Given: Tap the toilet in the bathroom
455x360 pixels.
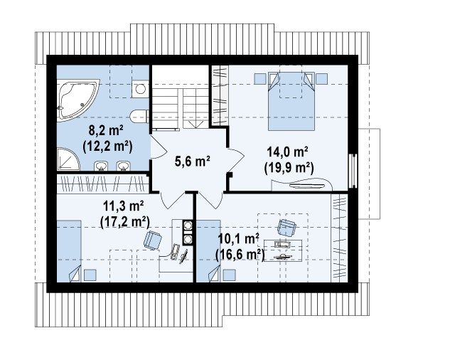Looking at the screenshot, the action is (x=139, y=117).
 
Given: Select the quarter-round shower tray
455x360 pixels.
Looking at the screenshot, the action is (x=68, y=159).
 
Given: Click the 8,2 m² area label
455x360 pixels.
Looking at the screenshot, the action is (x=106, y=131).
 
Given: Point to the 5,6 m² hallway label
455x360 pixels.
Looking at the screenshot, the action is (x=193, y=161).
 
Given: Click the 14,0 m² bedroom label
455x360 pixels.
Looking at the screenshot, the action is (x=287, y=152).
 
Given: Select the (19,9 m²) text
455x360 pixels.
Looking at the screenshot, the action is (x=289, y=167).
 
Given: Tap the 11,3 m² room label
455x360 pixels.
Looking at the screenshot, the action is (x=123, y=206).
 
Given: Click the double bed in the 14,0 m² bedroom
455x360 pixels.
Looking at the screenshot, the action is (x=291, y=101).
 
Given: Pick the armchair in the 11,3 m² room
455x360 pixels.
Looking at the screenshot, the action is (x=153, y=240).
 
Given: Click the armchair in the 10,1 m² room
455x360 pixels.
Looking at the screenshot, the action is (x=287, y=228).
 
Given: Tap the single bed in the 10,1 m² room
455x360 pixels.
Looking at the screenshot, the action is (x=208, y=251).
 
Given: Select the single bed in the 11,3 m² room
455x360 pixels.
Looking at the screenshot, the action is (x=69, y=251).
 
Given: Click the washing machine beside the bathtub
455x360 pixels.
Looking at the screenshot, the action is (x=141, y=89).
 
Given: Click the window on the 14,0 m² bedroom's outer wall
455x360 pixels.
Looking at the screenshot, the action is (x=353, y=171).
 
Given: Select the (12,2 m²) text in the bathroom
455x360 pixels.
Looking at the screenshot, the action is (x=107, y=147).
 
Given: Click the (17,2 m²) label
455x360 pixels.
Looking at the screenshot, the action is (x=125, y=222).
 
